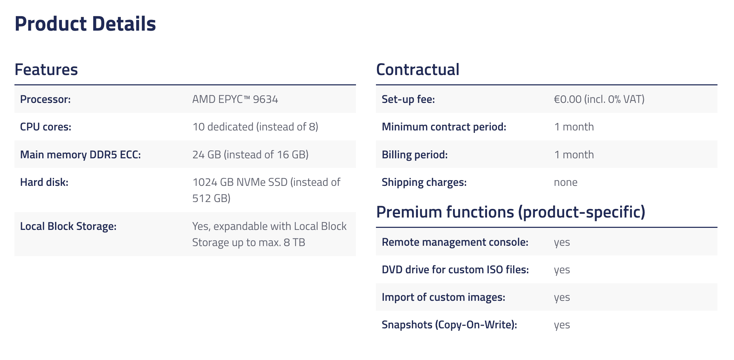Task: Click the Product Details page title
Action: point(85,24)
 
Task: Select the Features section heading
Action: point(46,70)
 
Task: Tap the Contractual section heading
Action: point(418,70)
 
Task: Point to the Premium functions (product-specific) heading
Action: point(511,212)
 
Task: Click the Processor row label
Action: point(45,99)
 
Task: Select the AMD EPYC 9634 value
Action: point(235,99)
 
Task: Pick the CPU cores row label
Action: point(46,127)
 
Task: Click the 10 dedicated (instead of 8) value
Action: point(255,127)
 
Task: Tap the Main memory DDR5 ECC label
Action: point(80,155)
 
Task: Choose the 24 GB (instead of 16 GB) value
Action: point(250,155)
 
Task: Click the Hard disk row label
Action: point(44,182)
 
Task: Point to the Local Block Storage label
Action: point(68,226)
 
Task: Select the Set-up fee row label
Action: point(408,99)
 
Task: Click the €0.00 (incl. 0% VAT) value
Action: point(599,99)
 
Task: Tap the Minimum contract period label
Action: point(444,127)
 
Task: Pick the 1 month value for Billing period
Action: point(574,155)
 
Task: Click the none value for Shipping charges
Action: point(566,182)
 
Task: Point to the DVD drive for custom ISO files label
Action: point(455,269)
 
